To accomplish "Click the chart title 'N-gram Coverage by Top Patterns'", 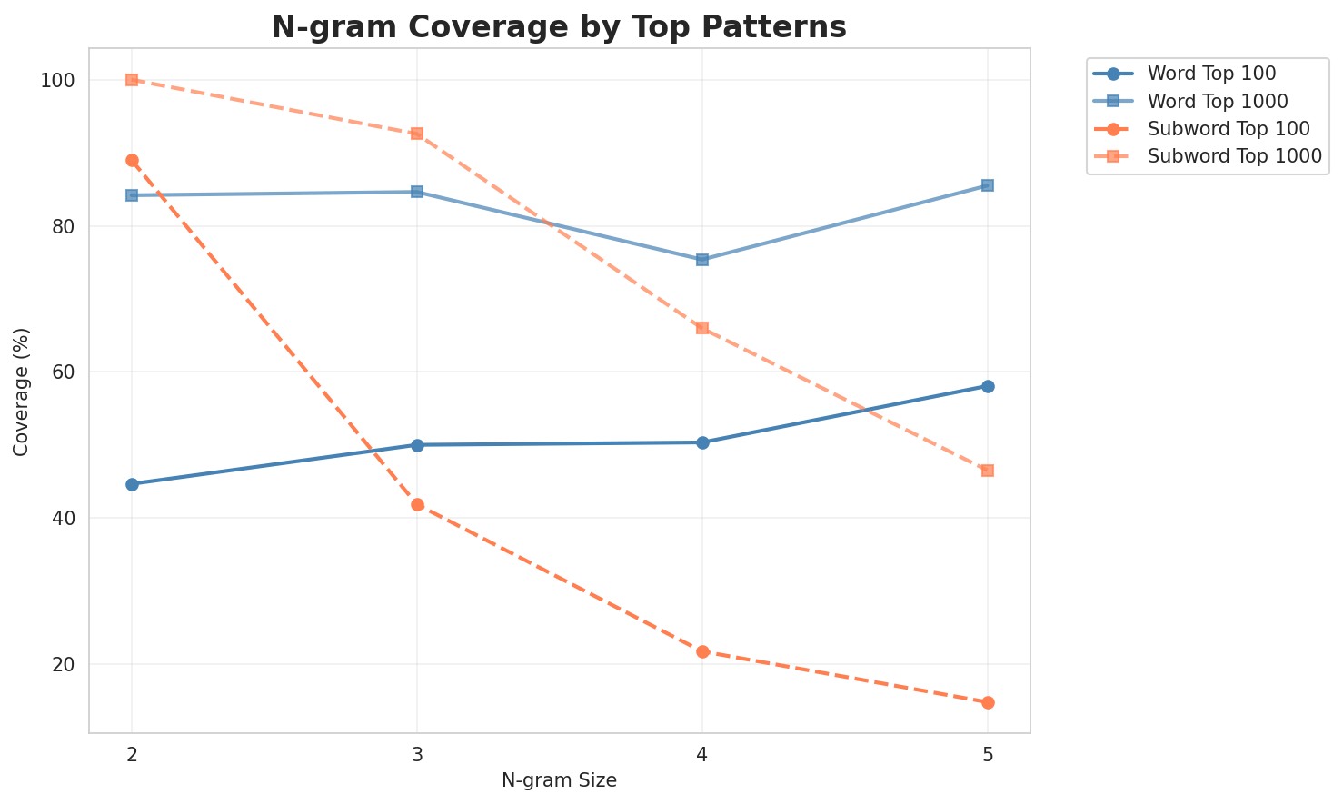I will click(559, 27).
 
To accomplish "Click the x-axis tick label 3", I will click(417, 754).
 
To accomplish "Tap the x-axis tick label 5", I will click(988, 754).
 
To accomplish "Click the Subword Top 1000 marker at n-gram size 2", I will click(132, 80).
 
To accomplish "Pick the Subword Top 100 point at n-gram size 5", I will click(988, 702).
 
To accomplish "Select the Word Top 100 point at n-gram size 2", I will click(132, 484).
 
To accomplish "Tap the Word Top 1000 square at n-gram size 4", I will click(702, 260).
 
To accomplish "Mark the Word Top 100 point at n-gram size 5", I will click(988, 386).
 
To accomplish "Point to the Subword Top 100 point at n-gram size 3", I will click(417, 504).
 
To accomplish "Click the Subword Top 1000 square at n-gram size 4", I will click(702, 328).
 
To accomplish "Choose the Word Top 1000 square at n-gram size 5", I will click(988, 185).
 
